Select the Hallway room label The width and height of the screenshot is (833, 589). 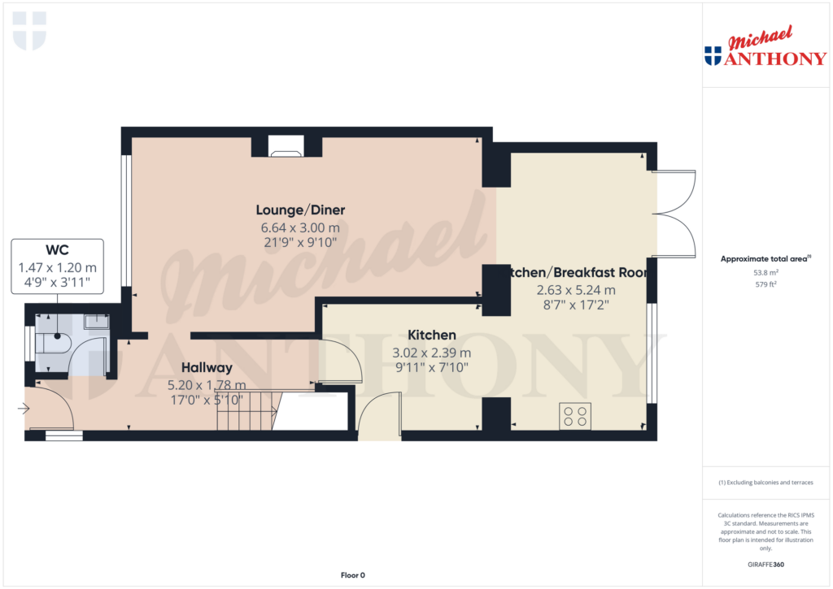pyautogui.click(x=207, y=366)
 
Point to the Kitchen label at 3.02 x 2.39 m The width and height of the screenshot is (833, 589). pyautogui.click(x=431, y=335)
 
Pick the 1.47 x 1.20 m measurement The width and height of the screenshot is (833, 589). pyautogui.click(x=57, y=267)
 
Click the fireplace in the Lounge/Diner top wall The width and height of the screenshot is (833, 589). pyautogui.click(x=286, y=145)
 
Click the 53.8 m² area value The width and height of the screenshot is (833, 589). pyautogui.click(x=764, y=274)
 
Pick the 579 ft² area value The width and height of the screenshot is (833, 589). pyautogui.click(x=764, y=284)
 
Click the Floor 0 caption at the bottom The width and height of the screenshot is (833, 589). pyautogui.click(x=352, y=575)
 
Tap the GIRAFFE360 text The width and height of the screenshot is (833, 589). pyautogui.click(x=764, y=565)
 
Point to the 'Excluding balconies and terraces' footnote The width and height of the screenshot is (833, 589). pyautogui.click(x=765, y=483)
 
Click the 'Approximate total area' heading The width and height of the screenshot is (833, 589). pyautogui.click(x=764, y=259)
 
